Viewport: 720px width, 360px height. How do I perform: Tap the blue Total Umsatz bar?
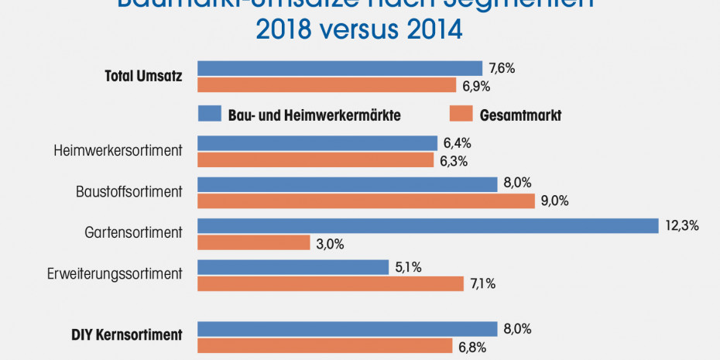[340, 68]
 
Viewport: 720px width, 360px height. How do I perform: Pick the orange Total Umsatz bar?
[327, 85]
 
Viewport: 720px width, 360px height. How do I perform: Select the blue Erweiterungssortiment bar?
[293, 266]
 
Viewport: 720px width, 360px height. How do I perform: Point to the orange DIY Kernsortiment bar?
[325, 345]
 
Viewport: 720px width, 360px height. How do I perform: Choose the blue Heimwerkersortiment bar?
[317, 143]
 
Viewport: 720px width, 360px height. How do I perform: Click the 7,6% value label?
[502, 68]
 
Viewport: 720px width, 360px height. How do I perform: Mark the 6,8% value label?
[472, 347]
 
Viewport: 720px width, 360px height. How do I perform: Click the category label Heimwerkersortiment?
[118, 150]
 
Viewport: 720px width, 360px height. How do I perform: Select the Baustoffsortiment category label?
[129, 190]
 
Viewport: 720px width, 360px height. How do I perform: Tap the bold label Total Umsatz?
[143, 76]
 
